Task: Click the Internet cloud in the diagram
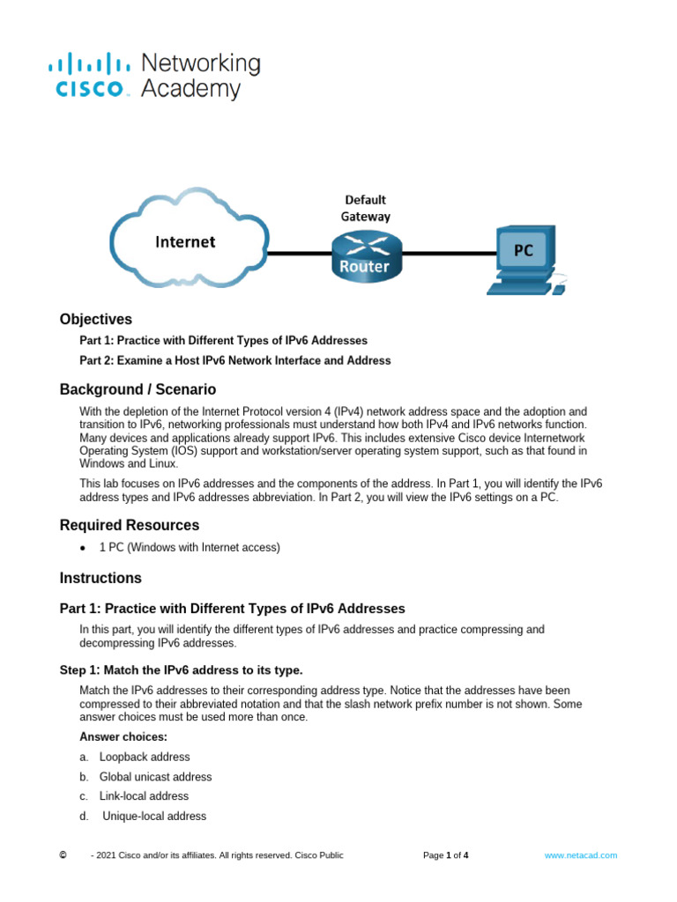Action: (188, 243)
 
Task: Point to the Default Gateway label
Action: (365, 208)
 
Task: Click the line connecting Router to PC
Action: (445, 254)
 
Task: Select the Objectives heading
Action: (96, 319)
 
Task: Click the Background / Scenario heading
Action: (138, 389)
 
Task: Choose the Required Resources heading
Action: (130, 525)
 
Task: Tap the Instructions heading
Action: (100, 578)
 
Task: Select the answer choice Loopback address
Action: (144, 757)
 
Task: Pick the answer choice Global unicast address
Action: (155, 777)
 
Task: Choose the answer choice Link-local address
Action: (144, 796)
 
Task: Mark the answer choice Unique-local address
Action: (154, 817)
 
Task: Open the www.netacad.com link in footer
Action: (580, 855)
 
